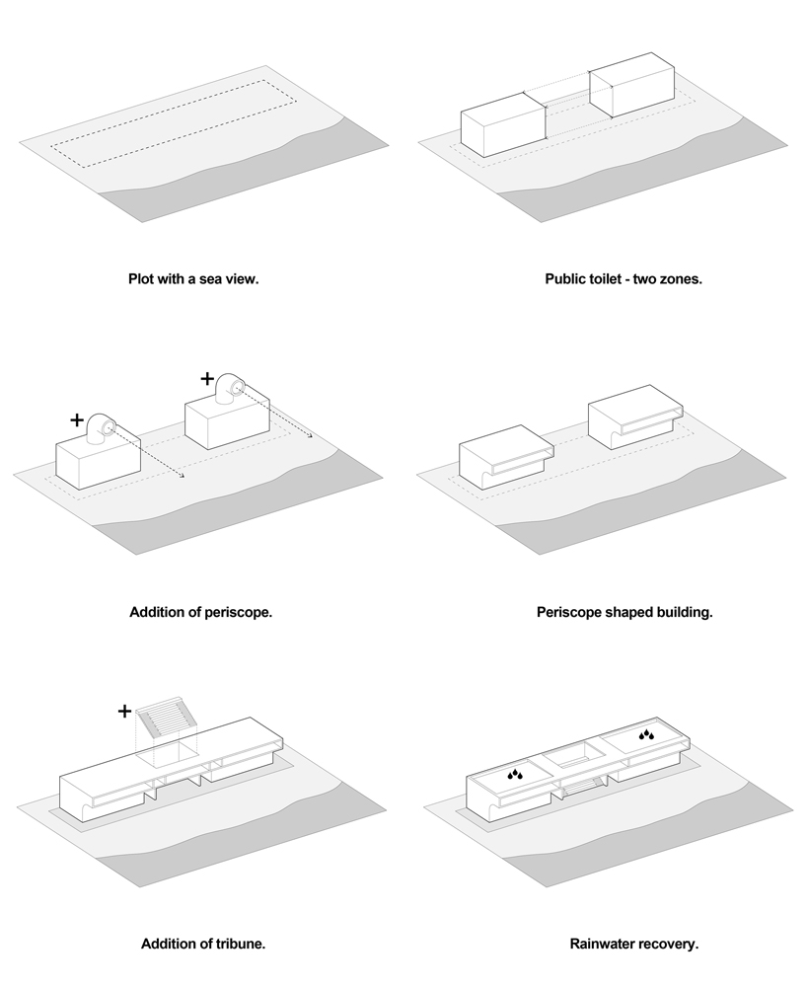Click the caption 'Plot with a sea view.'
tap(193, 279)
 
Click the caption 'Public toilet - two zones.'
tap(623, 279)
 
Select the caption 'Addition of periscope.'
tap(200, 612)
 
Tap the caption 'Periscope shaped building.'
tap(624, 612)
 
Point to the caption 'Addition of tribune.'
tap(203, 944)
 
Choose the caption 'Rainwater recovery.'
tap(634, 944)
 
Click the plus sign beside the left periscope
tap(78, 419)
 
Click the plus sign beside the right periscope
tap(207, 377)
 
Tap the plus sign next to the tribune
tap(124, 710)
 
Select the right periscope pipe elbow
tap(233, 386)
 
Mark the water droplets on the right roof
tap(646, 734)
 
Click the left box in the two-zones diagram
tap(503, 125)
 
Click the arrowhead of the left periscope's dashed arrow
tap(183, 479)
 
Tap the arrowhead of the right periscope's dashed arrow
tap(311, 435)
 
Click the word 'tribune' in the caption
tap(240, 944)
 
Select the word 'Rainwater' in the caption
tap(604, 944)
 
